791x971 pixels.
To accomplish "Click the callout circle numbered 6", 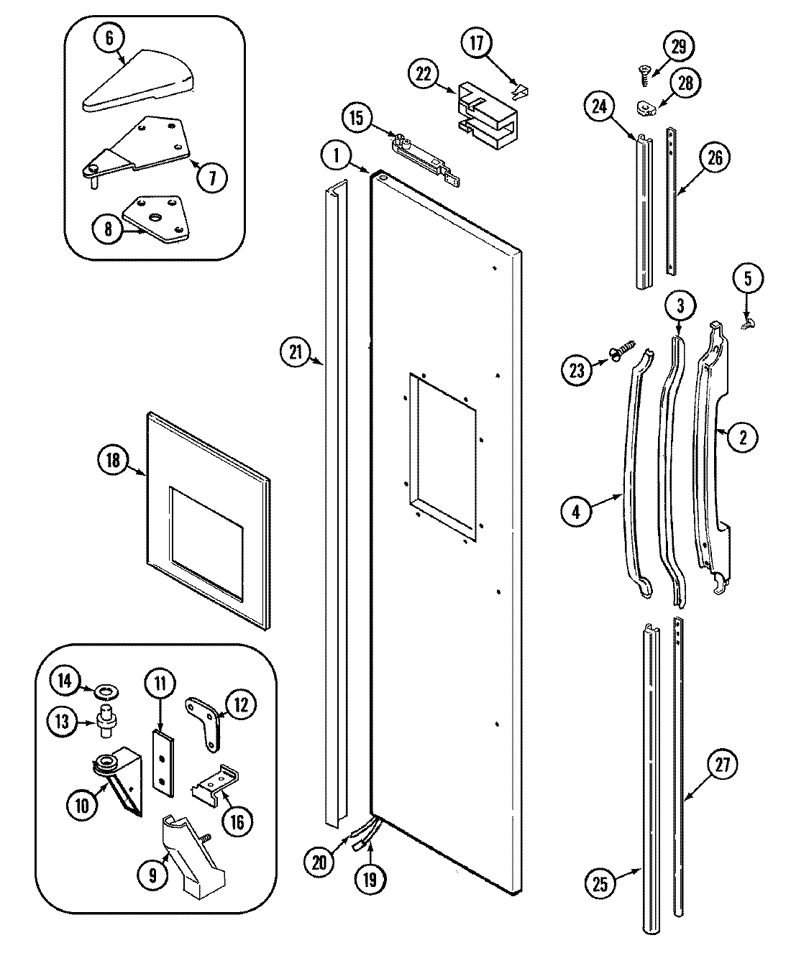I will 109,38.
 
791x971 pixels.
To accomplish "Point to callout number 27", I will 723,765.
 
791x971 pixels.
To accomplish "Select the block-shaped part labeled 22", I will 487,111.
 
